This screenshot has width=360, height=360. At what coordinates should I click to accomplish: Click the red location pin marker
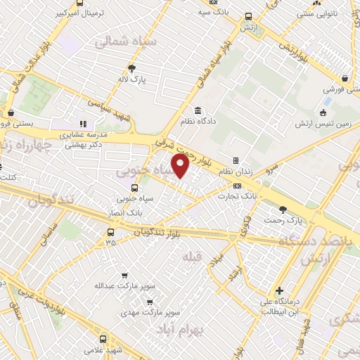181,166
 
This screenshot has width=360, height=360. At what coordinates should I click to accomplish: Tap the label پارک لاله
131,80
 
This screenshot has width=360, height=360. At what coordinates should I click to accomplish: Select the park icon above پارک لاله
131,68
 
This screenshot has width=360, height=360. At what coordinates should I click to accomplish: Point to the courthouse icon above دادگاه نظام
198,110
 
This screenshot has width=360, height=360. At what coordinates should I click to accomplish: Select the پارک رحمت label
283,220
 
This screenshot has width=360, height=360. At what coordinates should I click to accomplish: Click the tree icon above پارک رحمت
283,209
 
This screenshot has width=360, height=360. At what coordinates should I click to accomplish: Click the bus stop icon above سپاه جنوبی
135,188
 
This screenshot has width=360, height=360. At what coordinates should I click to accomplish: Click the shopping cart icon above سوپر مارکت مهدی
150,299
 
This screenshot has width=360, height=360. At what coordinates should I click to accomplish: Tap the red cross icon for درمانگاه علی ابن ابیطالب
279,290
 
